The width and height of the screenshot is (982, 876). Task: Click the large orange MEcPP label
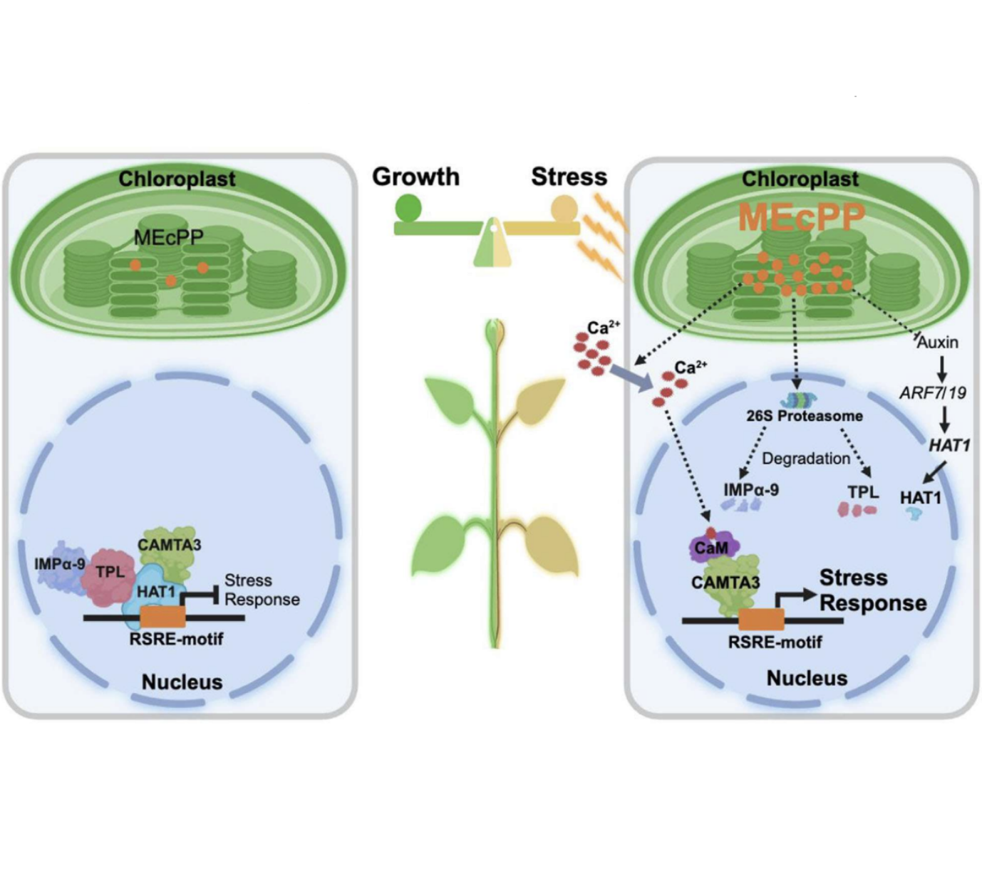tap(801, 217)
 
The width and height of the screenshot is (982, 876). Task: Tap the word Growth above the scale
tap(415, 177)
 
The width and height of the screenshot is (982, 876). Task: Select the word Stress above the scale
tap(569, 177)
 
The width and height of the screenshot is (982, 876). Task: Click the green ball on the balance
tap(408, 208)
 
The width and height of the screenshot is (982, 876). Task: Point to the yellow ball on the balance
tap(565, 209)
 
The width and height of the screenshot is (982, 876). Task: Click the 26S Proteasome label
tap(804, 415)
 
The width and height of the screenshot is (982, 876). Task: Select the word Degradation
tap(805, 459)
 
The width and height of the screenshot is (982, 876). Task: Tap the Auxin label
tap(937, 343)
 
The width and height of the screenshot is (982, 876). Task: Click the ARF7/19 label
tap(932, 392)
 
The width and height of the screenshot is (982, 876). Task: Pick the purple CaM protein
tap(712, 547)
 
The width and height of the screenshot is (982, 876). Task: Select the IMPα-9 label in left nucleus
tap(60, 565)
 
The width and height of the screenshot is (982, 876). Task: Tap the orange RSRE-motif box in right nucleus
tap(761, 620)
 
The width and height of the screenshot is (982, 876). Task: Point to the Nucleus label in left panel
tap(182, 682)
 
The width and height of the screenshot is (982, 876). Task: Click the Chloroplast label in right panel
tap(800, 179)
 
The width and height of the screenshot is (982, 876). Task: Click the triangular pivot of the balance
tap(492, 245)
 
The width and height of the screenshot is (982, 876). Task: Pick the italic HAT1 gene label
tap(949, 445)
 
